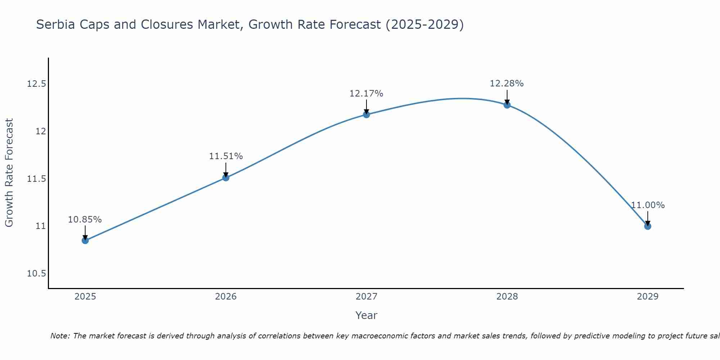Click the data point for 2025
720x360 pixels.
pyautogui.click(x=85, y=240)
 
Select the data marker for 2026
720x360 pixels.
pyautogui.click(x=226, y=177)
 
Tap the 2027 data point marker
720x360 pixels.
pyautogui.click(x=366, y=114)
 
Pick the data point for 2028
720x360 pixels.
pyautogui.click(x=507, y=105)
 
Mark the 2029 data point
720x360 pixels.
pyautogui.click(x=648, y=226)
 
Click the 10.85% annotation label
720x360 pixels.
pyautogui.click(x=85, y=220)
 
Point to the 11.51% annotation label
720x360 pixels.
pyautogui.click(x=226, y=156)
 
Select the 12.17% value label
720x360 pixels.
pyautogui.click(x=366, y=94)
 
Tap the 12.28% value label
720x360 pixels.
pyautogui.click(x=507, y=84)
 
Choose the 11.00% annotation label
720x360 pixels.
pyautogui.click(x=648, y=205)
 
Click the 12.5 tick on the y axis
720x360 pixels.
pyautogui.click(x=36, y=84)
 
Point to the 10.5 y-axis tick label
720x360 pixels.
pyautogui.click(x=36, y=274)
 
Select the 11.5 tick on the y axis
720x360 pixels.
pyautogui.click(x=36, y=179)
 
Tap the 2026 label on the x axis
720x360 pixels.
pyautogui.click(x=226, y=297)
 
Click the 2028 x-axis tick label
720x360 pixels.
pyautogui.click(x=507, y=297)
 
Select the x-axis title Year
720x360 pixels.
pyautogui.click(x=366, y=315)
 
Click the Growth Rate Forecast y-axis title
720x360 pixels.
pyautogui.click(x=9, y=172)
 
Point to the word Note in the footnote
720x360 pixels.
pyautogui.click(x=60, y=336)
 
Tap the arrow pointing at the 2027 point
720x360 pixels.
pyautogui.click(x=366, y=107)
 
